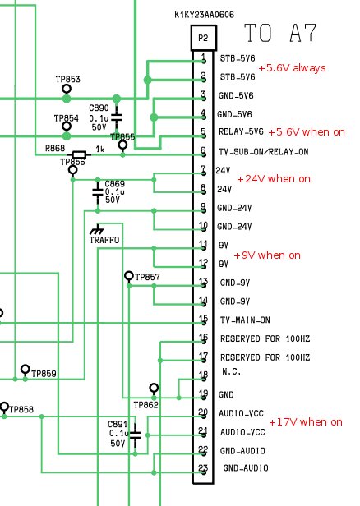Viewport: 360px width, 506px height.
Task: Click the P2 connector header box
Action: point(203,38)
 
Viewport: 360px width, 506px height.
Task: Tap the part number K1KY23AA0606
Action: point(204,15)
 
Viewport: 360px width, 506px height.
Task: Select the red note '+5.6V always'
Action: point(292,68)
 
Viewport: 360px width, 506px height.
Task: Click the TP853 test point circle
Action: point(67,89)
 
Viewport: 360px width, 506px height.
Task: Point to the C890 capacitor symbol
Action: point(117,117)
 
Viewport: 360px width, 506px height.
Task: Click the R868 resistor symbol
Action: point(79,155)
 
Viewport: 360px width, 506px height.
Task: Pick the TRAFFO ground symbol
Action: point(97,229)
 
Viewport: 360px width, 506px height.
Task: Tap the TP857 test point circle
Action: point(129,276)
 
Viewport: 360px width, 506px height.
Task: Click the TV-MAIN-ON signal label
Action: point(245,320)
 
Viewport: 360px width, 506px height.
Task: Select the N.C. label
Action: point(232,372)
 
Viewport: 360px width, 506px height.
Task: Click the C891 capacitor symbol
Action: point(135,435)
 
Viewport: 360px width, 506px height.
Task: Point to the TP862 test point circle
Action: point(154,388)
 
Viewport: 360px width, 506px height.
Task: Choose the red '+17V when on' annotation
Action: point(306,421)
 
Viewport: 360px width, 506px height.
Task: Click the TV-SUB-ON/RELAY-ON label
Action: point(264,152)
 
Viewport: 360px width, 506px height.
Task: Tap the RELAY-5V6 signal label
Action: point(241,131)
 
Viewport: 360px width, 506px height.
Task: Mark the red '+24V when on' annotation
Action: point(274,179)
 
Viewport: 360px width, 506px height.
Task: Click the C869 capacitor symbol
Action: point(98,191)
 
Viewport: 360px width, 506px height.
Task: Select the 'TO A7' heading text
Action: point(280,33)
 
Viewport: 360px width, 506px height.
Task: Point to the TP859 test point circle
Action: point(25,369)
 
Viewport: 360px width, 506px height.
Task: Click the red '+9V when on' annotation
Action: point(267,255)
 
